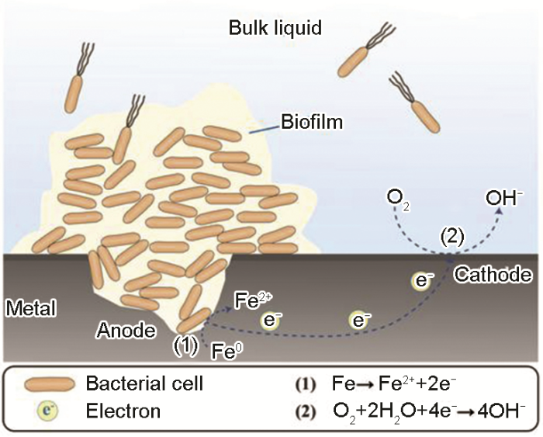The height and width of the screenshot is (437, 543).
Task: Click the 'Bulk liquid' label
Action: (x=275, y=29)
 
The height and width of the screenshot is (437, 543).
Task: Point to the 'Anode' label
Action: (x=126, y=331)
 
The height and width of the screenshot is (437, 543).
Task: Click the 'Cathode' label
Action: (x=493, y=275)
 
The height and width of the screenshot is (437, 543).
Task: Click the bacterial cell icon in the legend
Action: (x=44, y=384)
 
